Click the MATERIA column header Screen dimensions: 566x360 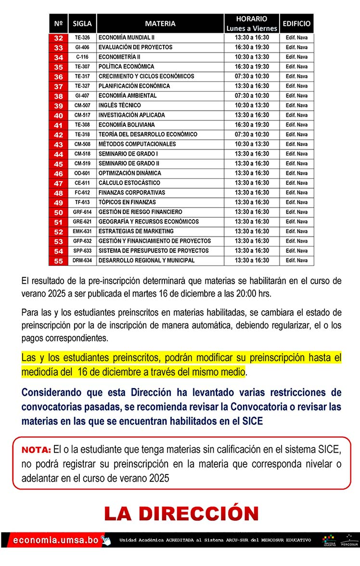[160, 23]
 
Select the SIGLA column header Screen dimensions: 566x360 [82, 23]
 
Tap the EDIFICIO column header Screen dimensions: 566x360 [296, 23]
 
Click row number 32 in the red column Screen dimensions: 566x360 [58, 38]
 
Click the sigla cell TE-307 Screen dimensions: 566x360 [82, 66]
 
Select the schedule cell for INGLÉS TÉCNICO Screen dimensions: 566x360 [252, 105]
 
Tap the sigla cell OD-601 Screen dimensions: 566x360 [82, 173]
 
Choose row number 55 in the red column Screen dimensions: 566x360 [58, 261]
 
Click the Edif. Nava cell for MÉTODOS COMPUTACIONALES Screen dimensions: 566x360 [296, 144]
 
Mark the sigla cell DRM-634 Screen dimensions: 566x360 [82, 261]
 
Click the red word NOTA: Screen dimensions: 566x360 [36, 450]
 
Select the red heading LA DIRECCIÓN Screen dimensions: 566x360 [181, 513]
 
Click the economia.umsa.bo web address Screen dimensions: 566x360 [56, 540]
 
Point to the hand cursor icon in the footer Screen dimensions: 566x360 [106, 540]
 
